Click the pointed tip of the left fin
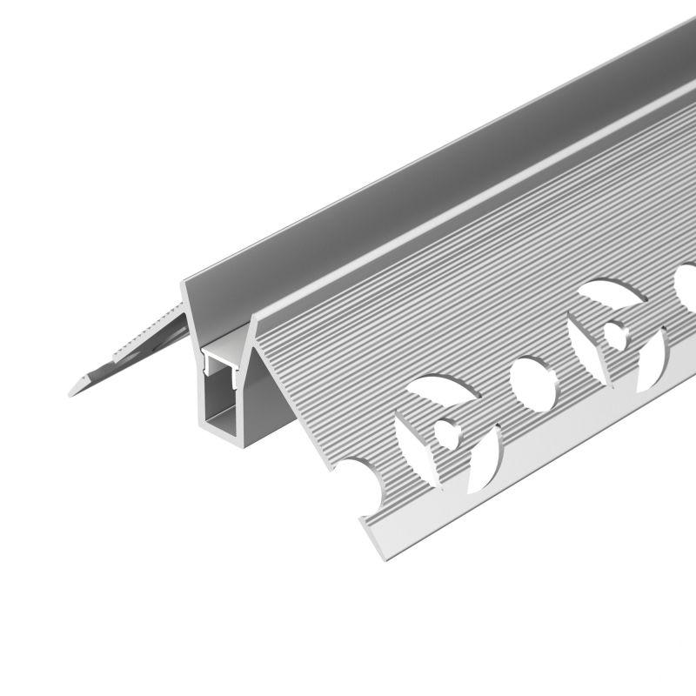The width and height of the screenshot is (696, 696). tap(71, 393)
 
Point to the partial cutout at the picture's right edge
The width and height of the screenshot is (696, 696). tap(687, 287)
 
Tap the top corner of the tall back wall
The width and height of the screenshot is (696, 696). tap(184, 280)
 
